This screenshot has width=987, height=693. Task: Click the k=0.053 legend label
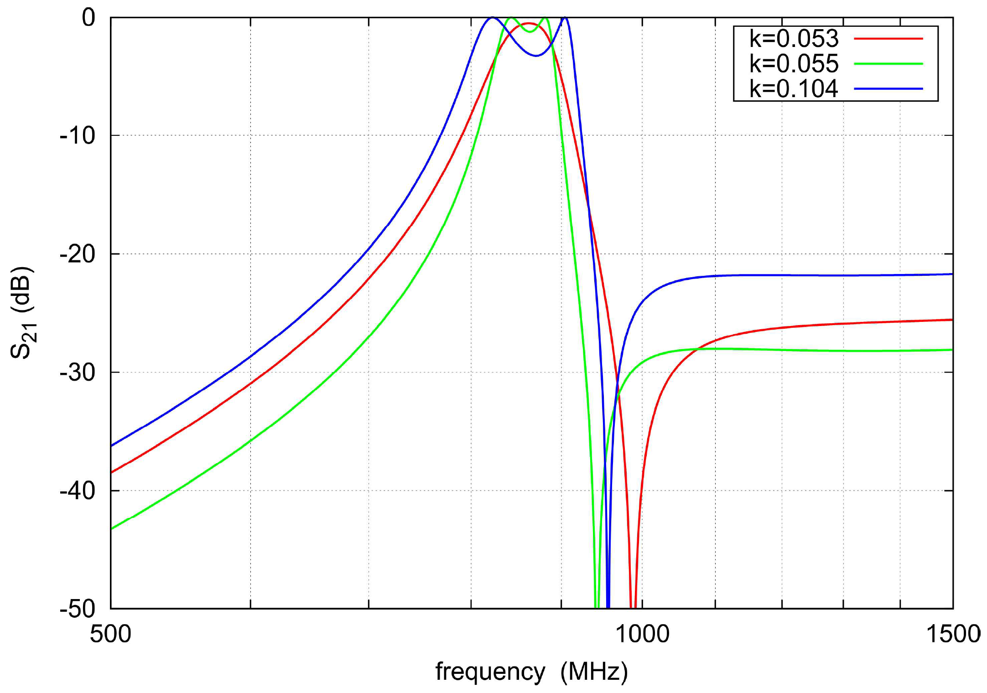(794, 39)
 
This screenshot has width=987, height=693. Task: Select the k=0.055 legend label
(794, 64)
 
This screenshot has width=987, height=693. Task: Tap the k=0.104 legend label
(794, 89)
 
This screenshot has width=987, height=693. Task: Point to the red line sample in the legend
(888, 39)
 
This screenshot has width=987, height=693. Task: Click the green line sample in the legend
(888, 64)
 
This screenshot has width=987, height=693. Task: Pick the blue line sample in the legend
(888, 89)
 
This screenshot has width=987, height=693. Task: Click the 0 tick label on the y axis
(88, 18)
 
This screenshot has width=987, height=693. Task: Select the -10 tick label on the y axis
(78, 135)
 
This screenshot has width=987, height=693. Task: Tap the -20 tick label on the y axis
(78, 254)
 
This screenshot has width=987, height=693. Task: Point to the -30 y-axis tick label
(78, 372)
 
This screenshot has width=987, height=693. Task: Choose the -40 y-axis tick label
(78, 491)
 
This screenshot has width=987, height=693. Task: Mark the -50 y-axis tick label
(78, 609)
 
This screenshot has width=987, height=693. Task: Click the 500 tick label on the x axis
(110, 634)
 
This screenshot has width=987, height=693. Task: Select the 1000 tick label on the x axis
(642, 634)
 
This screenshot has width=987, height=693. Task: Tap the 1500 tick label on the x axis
(953, 634)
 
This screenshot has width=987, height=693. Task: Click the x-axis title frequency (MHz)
(531, 672)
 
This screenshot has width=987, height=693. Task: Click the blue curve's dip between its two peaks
(536, 56)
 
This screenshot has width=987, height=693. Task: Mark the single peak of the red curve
(528, 23)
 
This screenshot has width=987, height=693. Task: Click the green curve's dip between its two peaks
(530, 31)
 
